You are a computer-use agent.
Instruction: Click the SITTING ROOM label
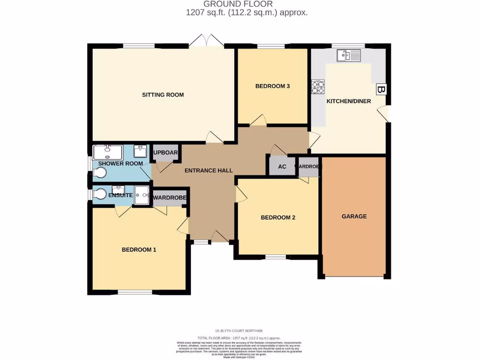click(163, 95)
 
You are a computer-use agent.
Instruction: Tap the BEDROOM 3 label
click(272, 86)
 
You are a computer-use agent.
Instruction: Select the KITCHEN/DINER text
click(348, 101)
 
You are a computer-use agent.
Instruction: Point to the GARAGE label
click(354, 217)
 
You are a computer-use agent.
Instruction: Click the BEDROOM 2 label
click(278, 217)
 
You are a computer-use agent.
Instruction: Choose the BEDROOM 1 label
click(139, 250)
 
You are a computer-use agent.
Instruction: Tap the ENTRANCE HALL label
click(209, 171)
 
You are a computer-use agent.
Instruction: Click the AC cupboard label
click(282, 167)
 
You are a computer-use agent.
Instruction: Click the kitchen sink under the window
click(348, 56)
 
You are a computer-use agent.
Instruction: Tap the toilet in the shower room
click(99, 172)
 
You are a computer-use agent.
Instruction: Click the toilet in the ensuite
click(99, 195)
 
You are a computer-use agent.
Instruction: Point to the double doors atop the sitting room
click(207, 41)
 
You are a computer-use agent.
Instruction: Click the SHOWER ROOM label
click(120, 164)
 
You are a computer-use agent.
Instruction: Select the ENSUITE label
click(120, 195)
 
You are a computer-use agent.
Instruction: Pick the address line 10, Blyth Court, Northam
click(240, 331)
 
